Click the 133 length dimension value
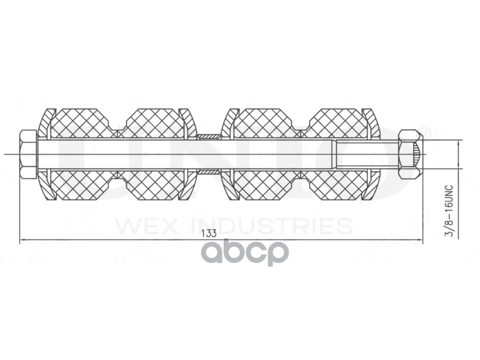[x=209, y=233]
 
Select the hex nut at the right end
[x=409, y=154]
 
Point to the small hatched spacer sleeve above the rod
[x=208, y=136]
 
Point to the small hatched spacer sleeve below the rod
[x=208, y=172]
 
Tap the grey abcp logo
[x=245, y=252]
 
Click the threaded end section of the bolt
[x=367, y=154]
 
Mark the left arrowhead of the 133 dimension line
[x=23, y=240]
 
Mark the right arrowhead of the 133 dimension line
[x=420, y=240]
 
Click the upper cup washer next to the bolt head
[x=45, y=122]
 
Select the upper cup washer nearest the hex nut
[x=372, y=122]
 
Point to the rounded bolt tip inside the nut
[x=417, y=154]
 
